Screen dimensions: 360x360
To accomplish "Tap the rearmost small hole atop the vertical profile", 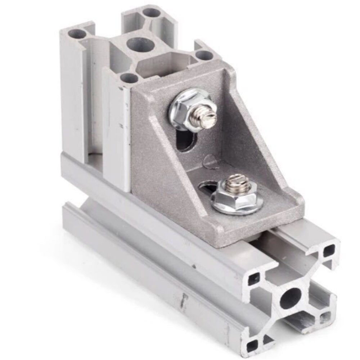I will coord(152,13).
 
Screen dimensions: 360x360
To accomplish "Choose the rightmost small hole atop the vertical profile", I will coord(204,55).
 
